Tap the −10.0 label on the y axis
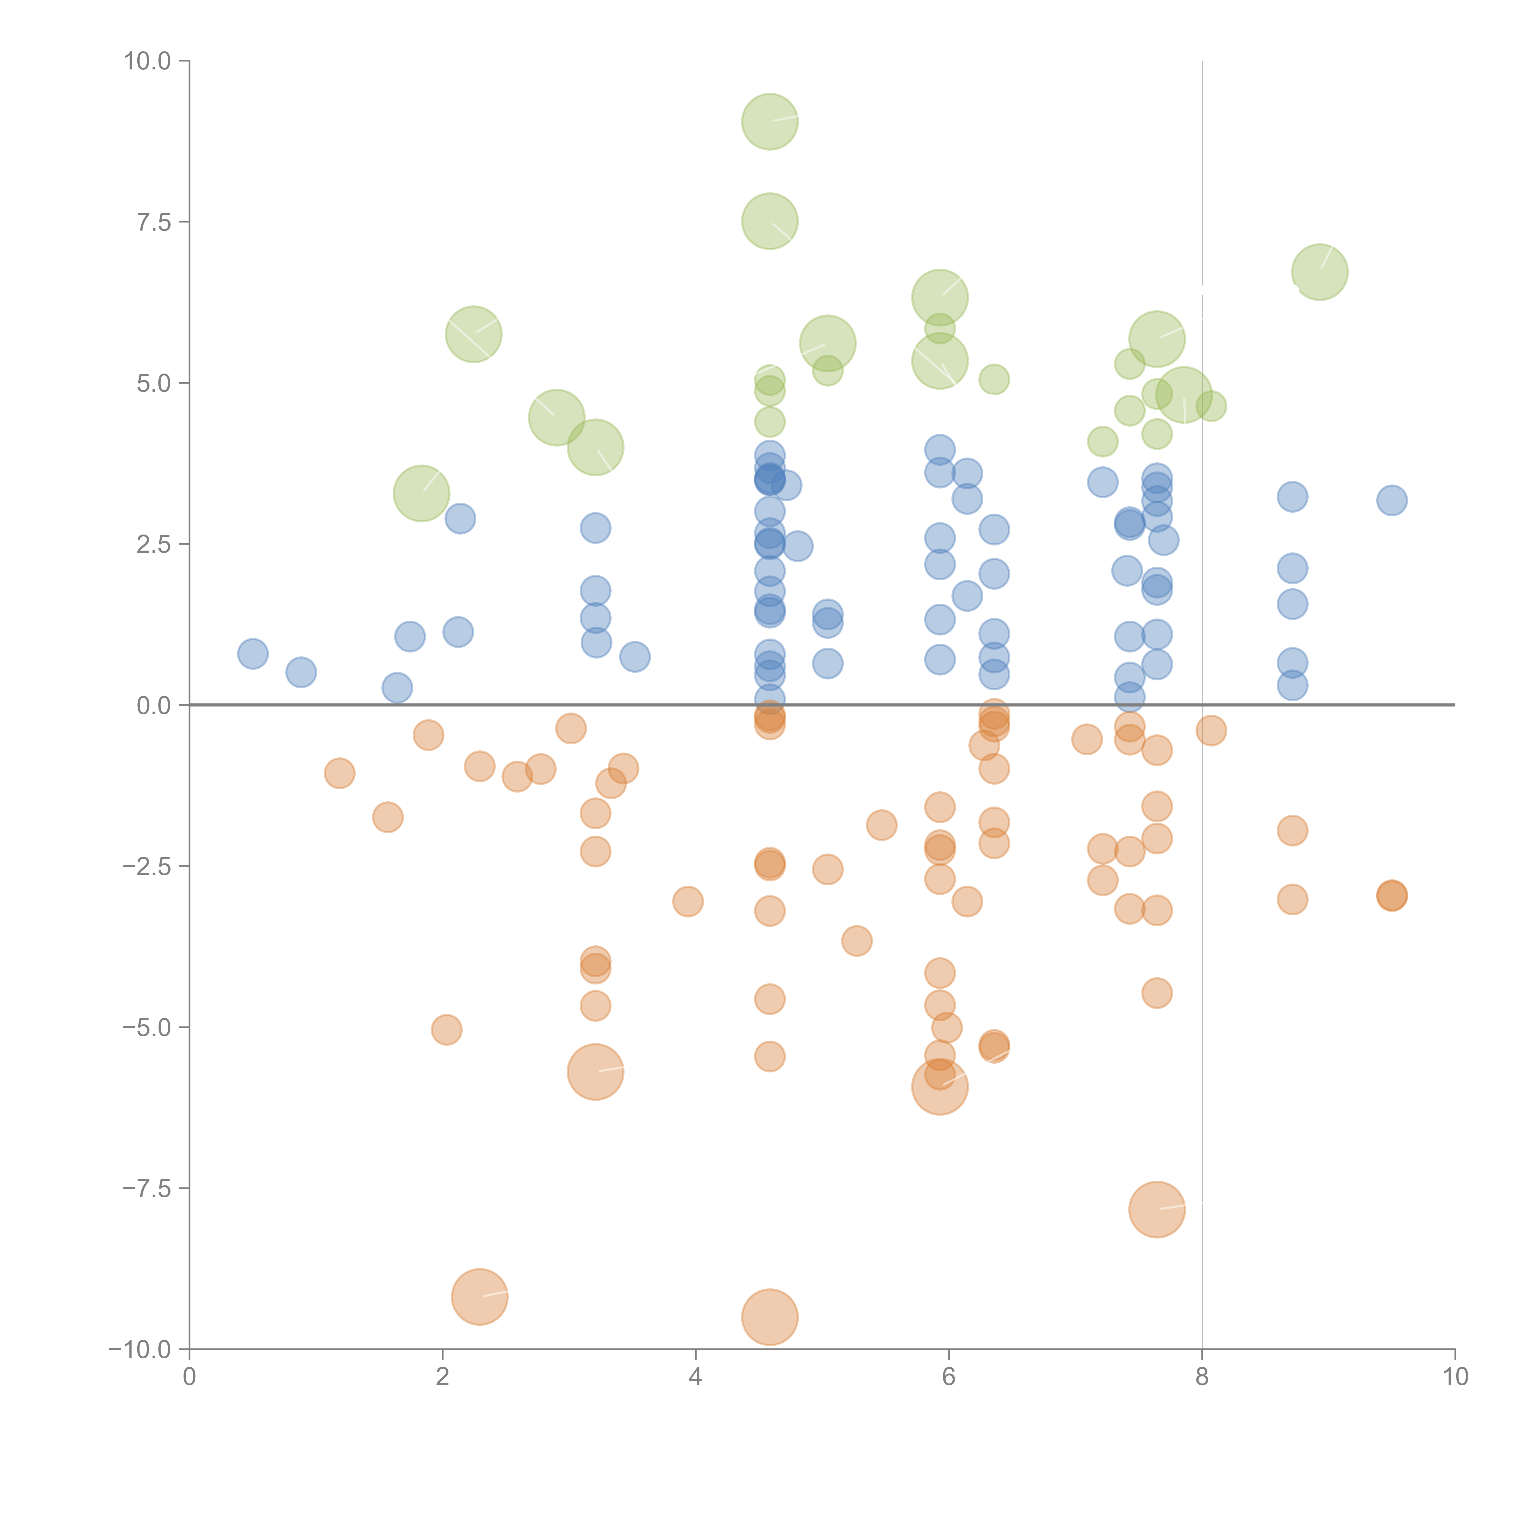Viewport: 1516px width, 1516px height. pyautogui.click(x=140, y=1350)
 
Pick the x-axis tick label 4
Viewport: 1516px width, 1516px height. pyautogui.click(x=695, y=1377)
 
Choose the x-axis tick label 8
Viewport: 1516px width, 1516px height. pyautogui.click(x=1201, y=1377)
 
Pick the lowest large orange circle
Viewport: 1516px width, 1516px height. pyautogui.click(x=770, y=1317)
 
